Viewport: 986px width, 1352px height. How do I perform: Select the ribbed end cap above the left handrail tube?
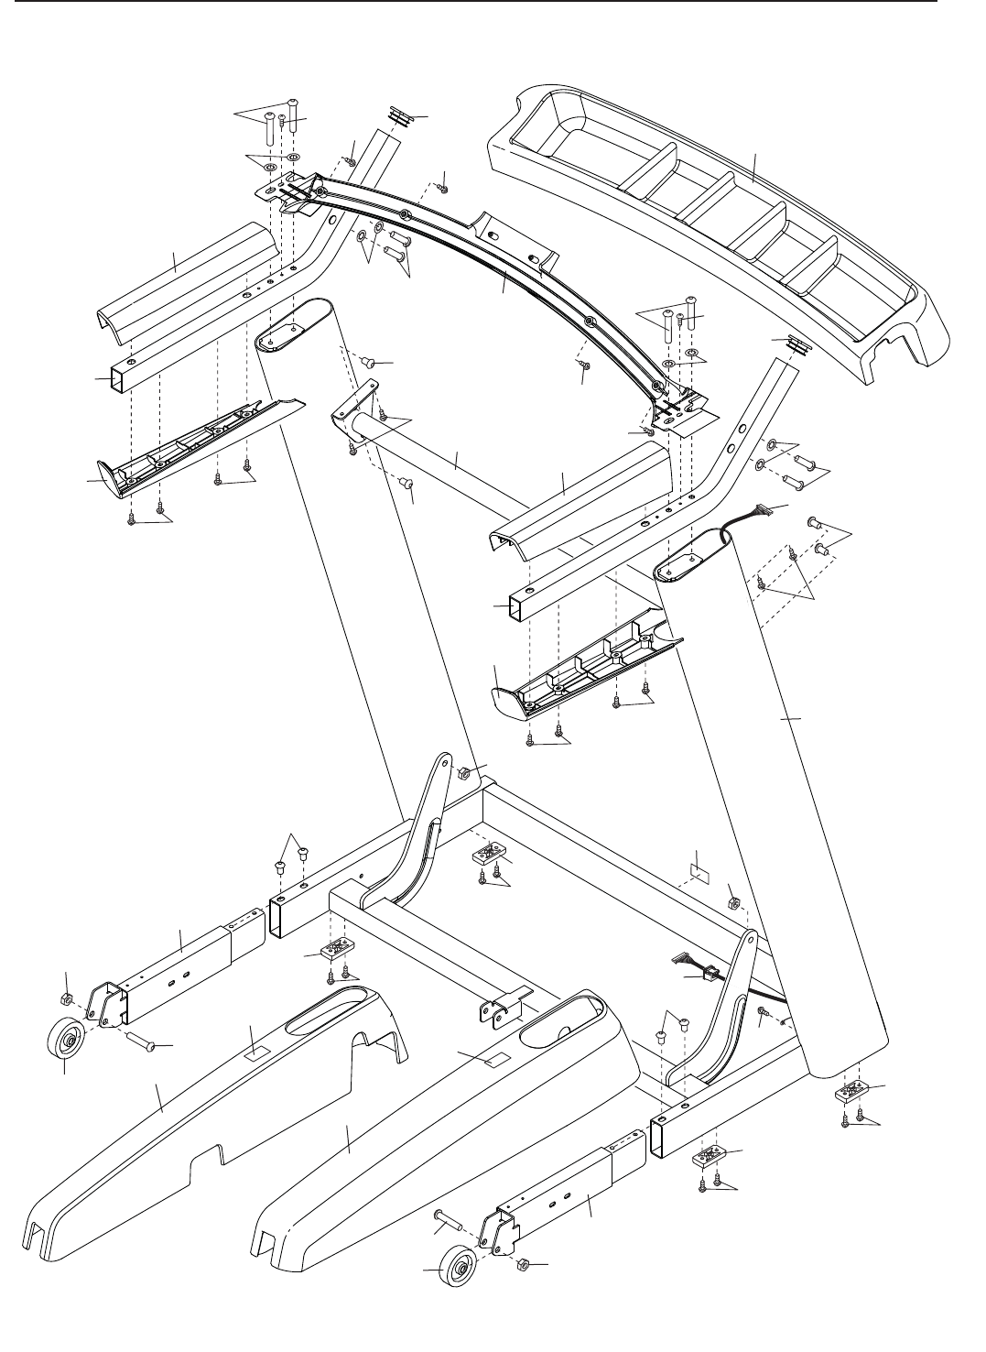click(398, 114)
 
